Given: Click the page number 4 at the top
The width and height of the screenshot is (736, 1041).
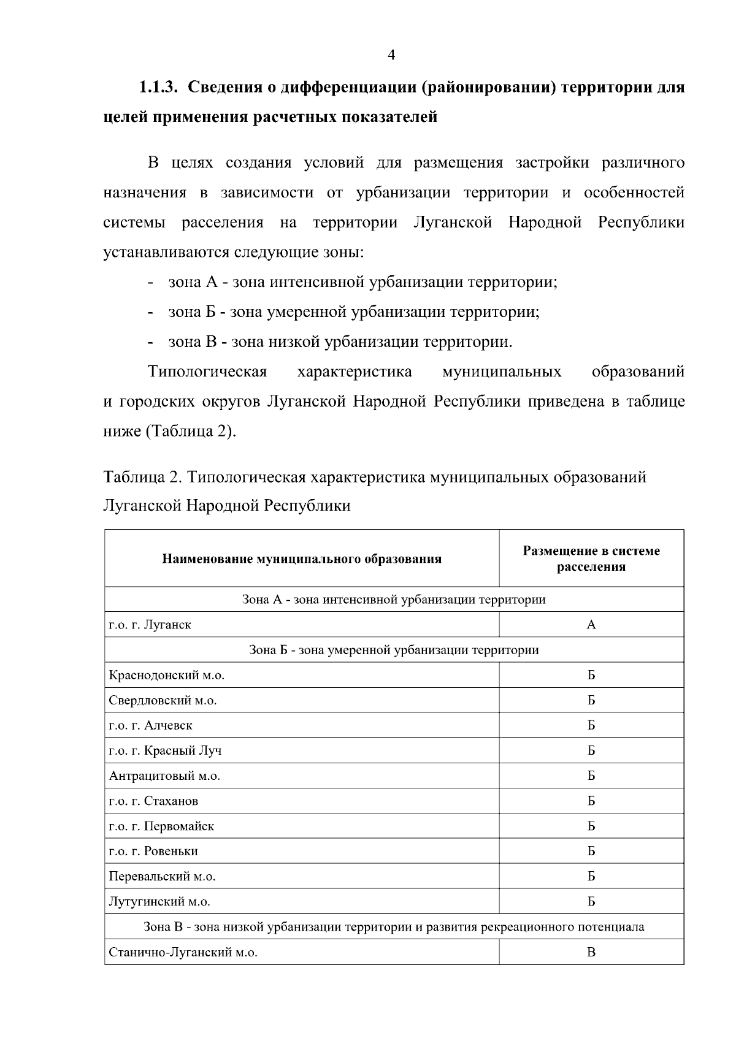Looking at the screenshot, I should coord(391,56).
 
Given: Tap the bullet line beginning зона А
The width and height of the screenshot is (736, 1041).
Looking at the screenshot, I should coord(362,283).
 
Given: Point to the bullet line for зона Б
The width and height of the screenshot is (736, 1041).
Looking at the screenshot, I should coord(354,312).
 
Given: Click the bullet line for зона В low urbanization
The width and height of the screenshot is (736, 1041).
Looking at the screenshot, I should coord(340,342).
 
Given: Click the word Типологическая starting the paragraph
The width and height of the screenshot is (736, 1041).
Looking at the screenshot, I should coord(207,372).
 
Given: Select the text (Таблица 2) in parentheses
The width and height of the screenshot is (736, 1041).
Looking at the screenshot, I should coord(190,432).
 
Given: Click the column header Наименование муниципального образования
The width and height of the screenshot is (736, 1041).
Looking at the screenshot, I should coord(302,559).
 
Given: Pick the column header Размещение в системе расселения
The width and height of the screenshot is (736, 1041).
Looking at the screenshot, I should coord(591,559).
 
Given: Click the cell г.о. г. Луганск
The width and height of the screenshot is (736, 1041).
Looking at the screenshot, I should coord(150,625).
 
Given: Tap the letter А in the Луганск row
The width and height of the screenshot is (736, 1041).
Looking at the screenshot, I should coord(591,625).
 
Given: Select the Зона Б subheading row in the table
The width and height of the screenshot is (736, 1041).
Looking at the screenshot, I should coord(394,650).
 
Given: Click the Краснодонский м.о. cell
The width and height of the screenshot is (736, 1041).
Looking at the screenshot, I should coord(167,676).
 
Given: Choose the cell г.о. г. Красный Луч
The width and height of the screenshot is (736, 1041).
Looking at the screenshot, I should coord(166,751).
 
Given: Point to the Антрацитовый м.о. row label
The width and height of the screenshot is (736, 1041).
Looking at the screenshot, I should coord(164,776).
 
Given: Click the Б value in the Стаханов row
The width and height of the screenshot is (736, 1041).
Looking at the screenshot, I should coord(591,801).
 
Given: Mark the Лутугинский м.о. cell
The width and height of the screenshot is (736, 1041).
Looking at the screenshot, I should coord(159,902).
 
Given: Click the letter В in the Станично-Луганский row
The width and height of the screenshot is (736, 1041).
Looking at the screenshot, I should coord(591,953).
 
